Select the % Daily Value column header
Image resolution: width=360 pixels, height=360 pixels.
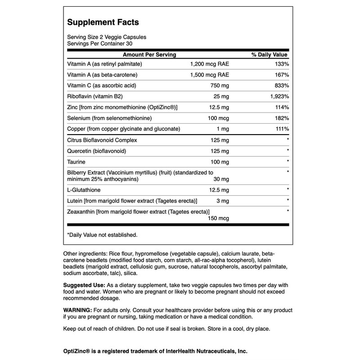pyautogui.click(x=269, y=54)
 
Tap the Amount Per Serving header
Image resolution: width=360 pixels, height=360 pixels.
pyautogui.click(x=146, y=54)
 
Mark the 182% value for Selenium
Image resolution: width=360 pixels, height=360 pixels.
pyautogui.click(x=280, y=118)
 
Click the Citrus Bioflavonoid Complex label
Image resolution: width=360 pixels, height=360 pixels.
pyautogui.click(x=102, y=139)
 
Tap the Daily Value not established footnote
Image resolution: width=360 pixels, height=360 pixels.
pyautogui.click(x=102, y=234)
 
